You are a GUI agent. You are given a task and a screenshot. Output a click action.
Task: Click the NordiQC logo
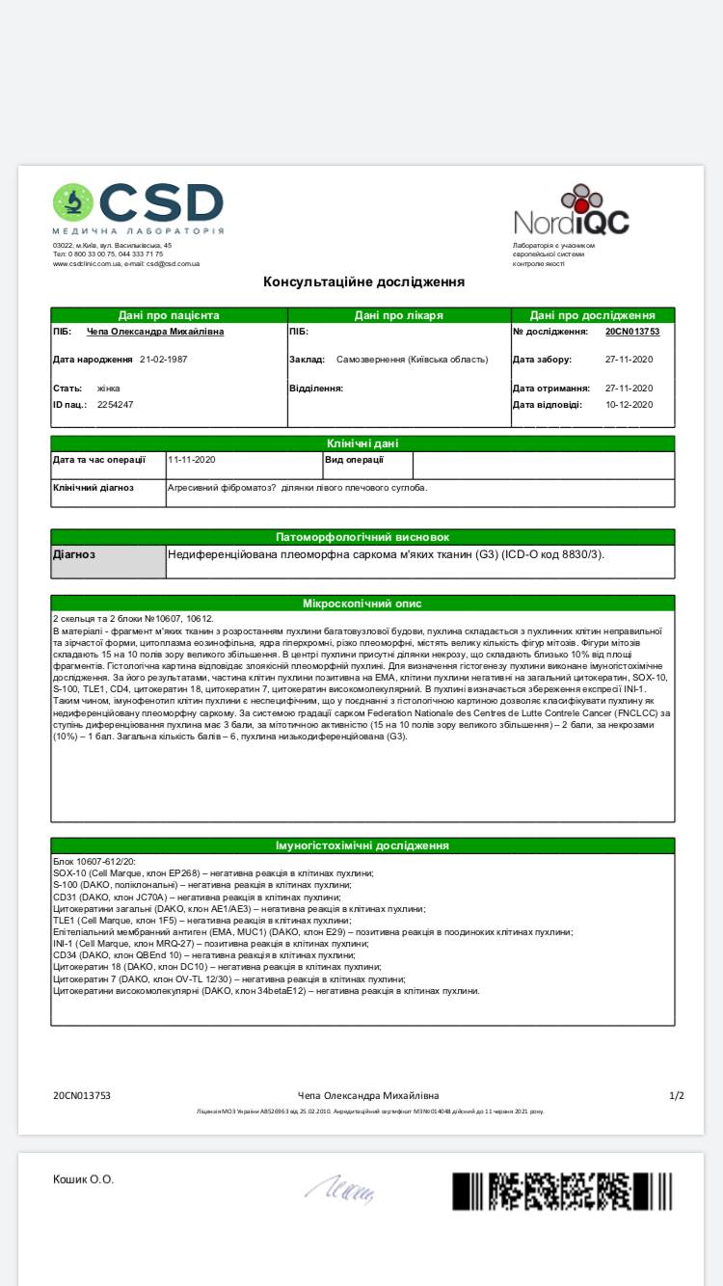pyautogui.click(x=571, y=211)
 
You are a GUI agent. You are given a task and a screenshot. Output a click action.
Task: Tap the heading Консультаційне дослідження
pyautogui.click(x=363, y=281)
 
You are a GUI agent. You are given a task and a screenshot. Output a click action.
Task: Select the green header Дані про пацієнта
pyautogui.click(x=169, y=315)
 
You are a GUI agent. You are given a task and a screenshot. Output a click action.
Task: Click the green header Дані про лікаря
pyautogui.click(x=399, y=315)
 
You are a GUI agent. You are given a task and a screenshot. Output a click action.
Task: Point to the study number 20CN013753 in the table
pyautogui.click(x=632, y=332)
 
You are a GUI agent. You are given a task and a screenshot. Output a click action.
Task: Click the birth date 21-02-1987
pyautogui.click(x=163, y=359)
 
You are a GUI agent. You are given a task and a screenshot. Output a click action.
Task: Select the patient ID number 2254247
pyautogui.click(x=115, y=405)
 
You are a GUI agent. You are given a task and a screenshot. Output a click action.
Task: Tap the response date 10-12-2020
pyautogui.click(x=629, y=405)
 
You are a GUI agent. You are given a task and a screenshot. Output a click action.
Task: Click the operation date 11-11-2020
pyautogui.click(x=192, y=460)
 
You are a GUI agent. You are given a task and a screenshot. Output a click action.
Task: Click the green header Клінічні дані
pyautogui.click(x=362, y=443)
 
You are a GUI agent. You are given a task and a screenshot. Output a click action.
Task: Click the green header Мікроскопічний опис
pyautogui.click(x=362, y=603)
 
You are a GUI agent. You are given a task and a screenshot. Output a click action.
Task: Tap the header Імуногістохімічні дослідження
pyautogui.click(x=362, y=845)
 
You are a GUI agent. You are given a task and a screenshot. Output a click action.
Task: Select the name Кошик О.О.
pyautogui.click(x=83, y=1179)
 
